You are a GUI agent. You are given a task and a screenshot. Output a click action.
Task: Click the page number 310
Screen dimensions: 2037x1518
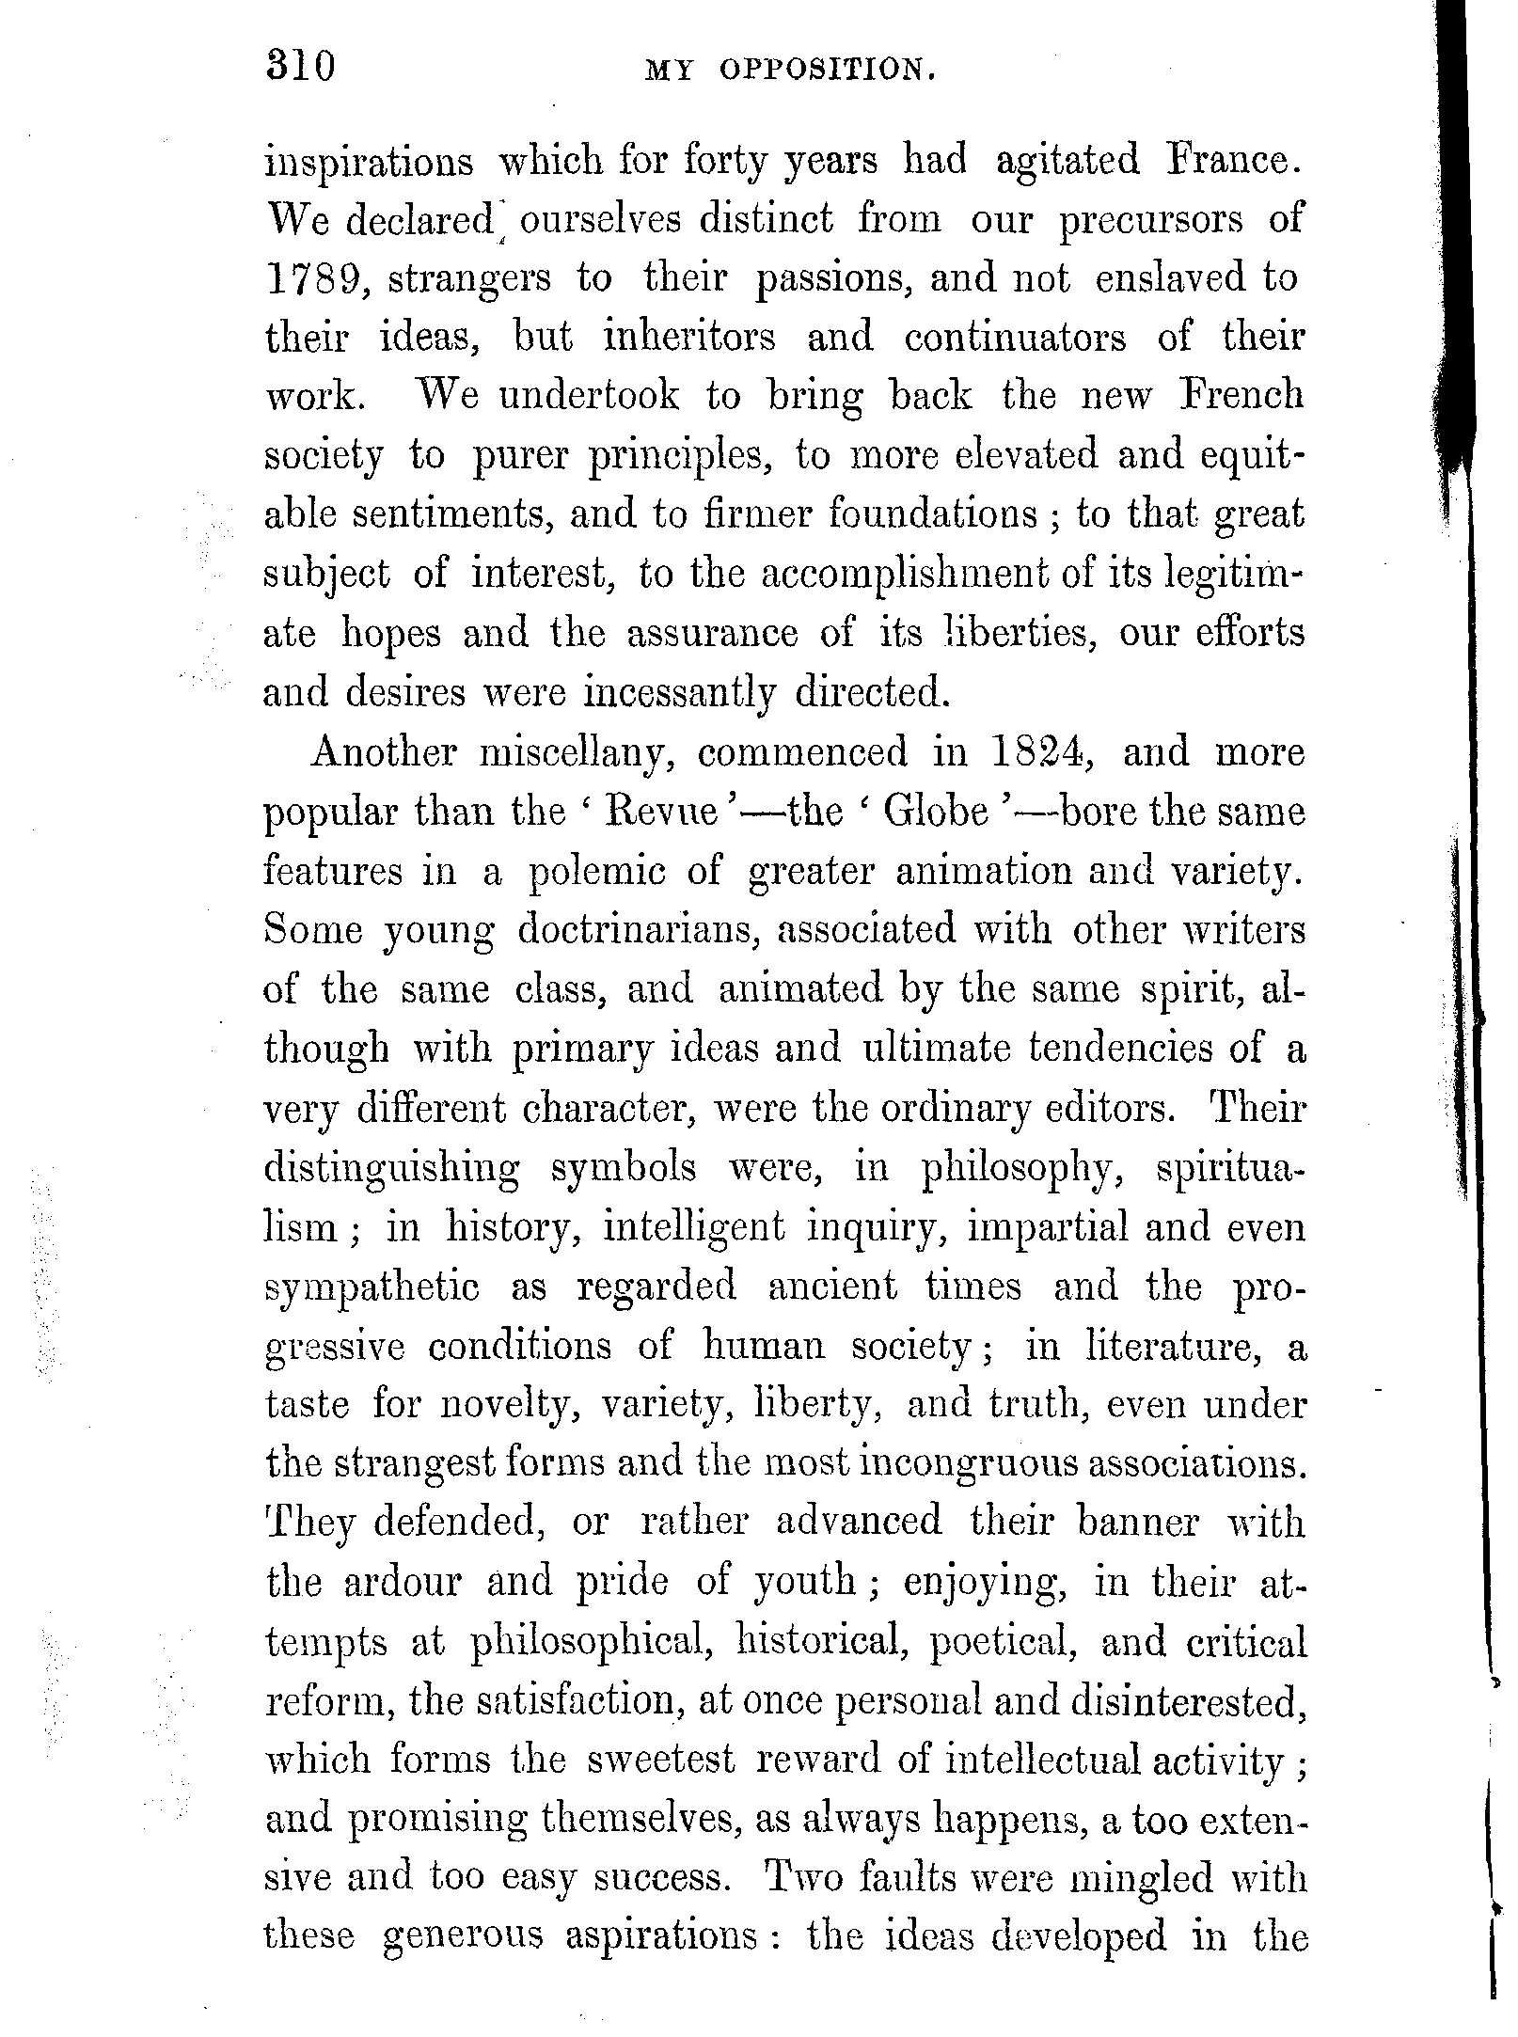[x=301, y=68]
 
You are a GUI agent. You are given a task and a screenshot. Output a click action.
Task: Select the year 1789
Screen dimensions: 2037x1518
[x=314, y=278]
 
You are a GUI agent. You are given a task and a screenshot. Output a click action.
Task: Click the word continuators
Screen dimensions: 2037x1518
[x=1015, y=338]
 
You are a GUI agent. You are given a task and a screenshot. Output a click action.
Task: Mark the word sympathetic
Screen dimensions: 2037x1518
[x=372, y=1287]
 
